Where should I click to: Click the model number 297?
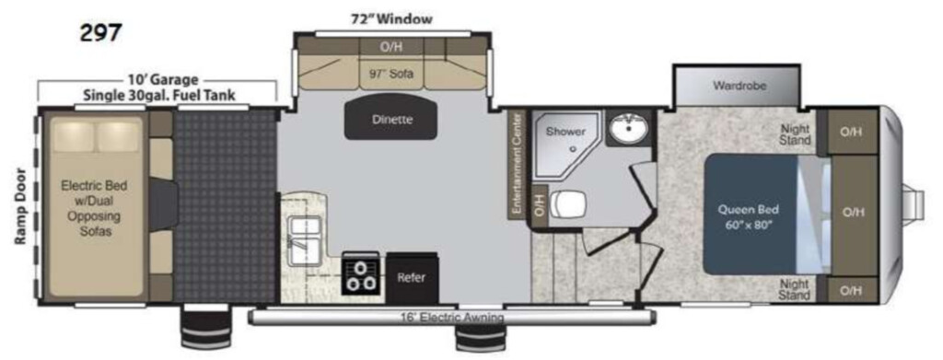pos(100,32)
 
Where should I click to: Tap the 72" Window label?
pos(391,19)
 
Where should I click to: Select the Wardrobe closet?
pos(739,86)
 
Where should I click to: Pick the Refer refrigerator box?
pos(412,278)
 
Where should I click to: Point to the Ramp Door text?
pos(22,206)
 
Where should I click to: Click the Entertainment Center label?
pos(516,163)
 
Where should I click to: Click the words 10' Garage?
pos(162,80)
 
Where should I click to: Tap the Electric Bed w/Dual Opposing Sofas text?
pos(96,208)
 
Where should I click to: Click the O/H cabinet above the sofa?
pos(390,47)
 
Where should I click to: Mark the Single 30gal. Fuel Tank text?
pos(158,95)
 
